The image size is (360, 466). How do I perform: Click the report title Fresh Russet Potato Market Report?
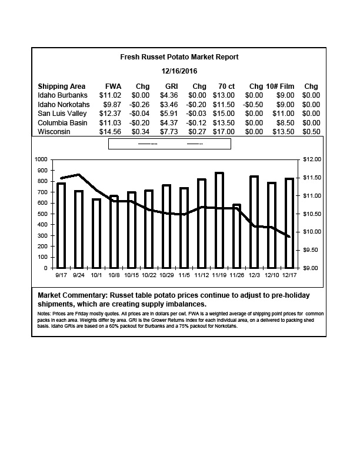point(179,56)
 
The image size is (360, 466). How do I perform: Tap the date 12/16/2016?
point(179,71)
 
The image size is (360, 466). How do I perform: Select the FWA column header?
point(113,86)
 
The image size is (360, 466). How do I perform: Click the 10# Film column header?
point(280,86)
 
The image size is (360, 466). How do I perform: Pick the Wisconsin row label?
point(54,132)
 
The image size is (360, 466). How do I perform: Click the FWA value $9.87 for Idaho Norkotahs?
point(112,105)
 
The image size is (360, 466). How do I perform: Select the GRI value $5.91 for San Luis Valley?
point(169,114)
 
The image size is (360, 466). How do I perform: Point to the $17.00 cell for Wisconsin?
point(224,132)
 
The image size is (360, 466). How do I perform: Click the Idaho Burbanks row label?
point(62,95)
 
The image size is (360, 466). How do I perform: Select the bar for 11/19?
point(219,220)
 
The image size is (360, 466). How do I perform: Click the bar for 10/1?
point(96,234)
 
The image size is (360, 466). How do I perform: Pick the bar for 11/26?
point(236,237)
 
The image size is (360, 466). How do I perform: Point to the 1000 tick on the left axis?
point(41,159)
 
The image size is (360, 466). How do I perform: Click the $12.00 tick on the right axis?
point(312,159)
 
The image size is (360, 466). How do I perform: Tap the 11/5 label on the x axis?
point(184,275)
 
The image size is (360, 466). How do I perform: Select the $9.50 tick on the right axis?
point(311,250)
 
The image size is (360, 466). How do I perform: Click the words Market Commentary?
point(72,295)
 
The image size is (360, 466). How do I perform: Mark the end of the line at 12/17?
point(289,237)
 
